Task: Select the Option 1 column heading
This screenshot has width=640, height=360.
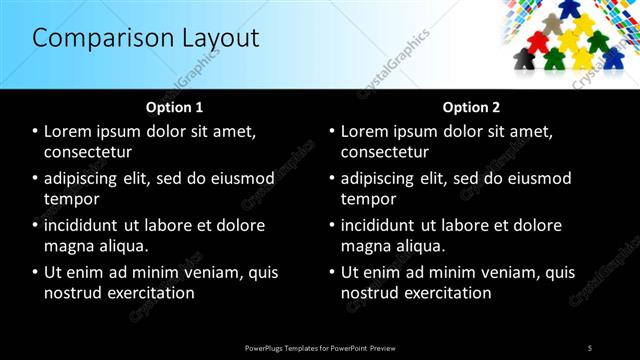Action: (174, 107)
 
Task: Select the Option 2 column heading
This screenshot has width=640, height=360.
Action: (471, 107)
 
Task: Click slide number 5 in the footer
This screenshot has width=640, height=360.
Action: (590, 347)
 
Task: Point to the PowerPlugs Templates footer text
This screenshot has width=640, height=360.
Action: (320, 347)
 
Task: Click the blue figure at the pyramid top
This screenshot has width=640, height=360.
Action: (569, 8)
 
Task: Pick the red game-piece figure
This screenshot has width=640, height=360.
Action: (539, 42)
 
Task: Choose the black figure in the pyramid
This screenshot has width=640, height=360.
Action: (524, 60)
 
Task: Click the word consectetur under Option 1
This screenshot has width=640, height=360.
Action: (88, 152)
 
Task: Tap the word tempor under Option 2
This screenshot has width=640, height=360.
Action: (367, 198)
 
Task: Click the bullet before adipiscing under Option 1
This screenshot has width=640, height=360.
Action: (36, 179)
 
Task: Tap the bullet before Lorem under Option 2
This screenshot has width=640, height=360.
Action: (332, 132)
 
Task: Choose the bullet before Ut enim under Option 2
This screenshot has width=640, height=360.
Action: (332, 272)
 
